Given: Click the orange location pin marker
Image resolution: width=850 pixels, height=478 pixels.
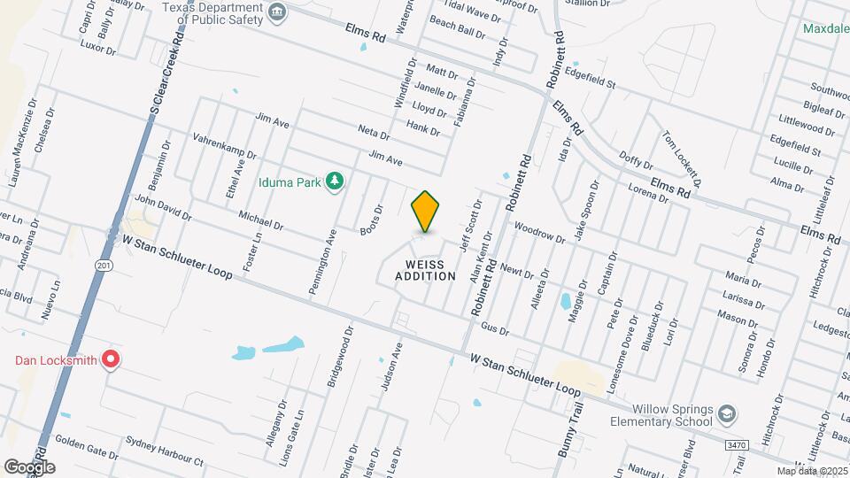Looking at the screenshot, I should (425, 211).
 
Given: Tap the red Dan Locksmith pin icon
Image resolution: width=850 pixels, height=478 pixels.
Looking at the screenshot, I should (110, 359).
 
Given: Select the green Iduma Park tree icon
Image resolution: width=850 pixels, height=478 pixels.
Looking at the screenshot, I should (334, 182).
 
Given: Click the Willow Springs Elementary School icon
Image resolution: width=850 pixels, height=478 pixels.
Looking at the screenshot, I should (727, 414).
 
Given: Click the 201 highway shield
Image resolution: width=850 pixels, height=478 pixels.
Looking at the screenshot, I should (104, 265).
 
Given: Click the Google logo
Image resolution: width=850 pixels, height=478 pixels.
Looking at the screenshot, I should (29, 466).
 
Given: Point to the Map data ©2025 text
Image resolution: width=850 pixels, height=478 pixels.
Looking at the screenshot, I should (810, 470).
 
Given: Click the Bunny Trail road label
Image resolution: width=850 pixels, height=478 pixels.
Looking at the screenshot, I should (567, 428).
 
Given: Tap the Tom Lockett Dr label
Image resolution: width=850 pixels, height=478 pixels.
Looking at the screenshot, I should (683, 158).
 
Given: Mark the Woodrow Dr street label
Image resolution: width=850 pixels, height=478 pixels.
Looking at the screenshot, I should (538, 232).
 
